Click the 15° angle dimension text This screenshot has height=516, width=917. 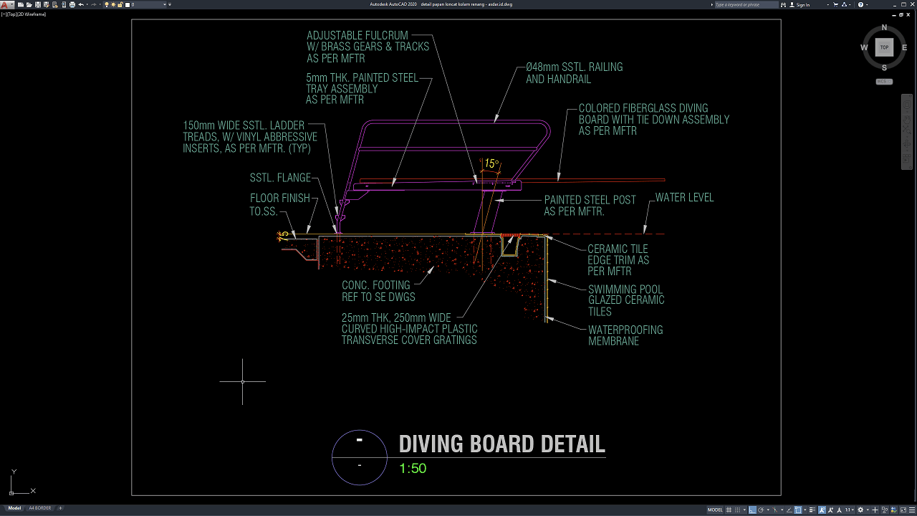pos(491,163)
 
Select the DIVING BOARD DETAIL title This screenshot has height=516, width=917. pos(501,444)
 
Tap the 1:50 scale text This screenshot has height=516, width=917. pos(413,469)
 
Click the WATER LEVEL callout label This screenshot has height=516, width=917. pos(684,198)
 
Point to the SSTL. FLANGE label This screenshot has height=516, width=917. pos(280,178)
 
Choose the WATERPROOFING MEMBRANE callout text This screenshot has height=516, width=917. pos(625,335)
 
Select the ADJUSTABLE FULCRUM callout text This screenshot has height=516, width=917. pos(368,47)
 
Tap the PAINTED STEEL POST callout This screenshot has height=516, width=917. pos(590,206)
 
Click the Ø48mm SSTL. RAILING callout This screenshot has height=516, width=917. pos(574,73)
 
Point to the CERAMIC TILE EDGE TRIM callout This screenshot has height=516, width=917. pos(618,260)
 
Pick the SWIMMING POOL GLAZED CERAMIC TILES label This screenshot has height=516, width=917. pos(626,300)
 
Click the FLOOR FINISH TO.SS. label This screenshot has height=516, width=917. pos(279,205)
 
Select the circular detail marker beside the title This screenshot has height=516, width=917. pos(360,457)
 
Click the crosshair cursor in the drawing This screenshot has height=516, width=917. pos(242,381)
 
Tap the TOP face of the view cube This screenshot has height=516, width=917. pos(884,47)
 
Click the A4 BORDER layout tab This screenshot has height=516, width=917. pos(39,508)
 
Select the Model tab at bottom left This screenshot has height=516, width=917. pos(14,508)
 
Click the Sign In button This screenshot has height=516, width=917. pos(803,5)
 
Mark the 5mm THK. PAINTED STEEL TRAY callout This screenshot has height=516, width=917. pos(362,89)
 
